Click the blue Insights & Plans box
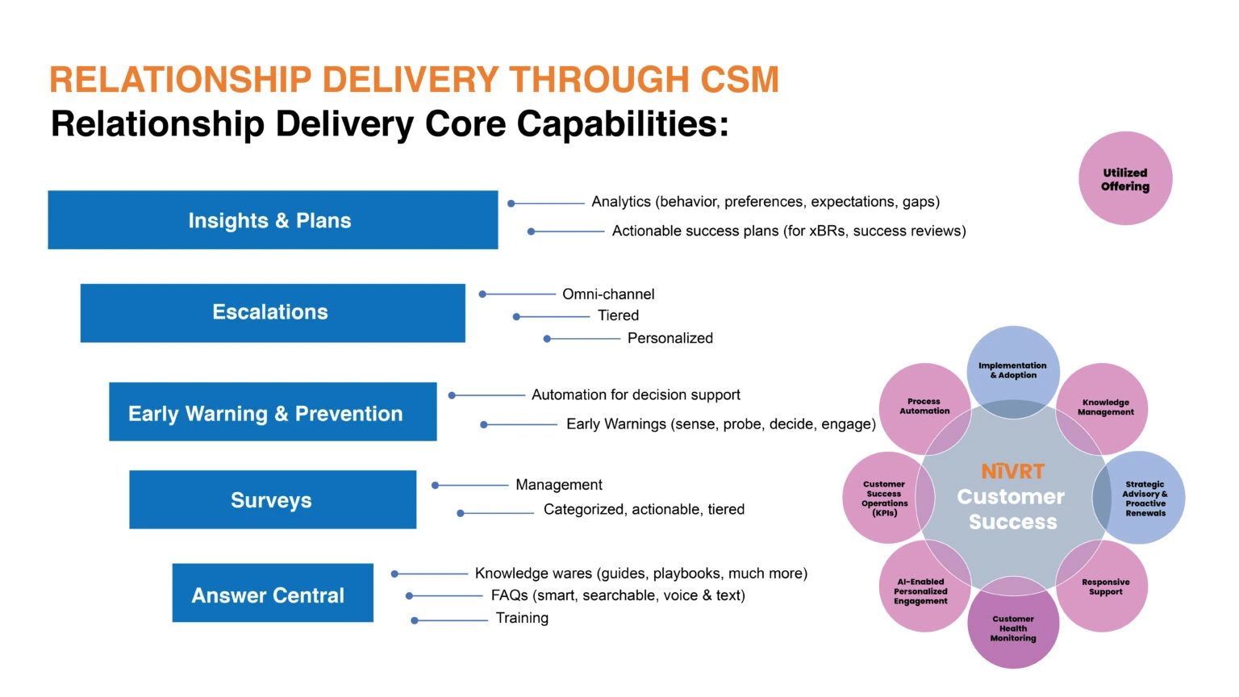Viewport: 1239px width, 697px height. click(273, 220)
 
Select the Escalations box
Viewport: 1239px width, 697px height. click(273, 313)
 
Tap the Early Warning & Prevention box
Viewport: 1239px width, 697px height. click(273, 412)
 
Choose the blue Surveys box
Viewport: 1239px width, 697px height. click(273, 500)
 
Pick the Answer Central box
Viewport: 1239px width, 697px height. click(273, 594)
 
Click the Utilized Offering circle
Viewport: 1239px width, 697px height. click(1125, 179)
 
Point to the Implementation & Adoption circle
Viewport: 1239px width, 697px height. click(1013, 368)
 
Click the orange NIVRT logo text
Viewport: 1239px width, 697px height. click(1012, 471)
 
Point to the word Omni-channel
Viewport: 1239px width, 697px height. click(608, 294)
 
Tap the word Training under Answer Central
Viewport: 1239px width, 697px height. click(522, 619)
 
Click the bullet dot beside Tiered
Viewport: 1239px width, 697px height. click(516, 317)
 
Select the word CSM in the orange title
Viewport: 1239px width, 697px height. click(739, 80)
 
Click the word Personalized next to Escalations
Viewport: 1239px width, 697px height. click(670, 339)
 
